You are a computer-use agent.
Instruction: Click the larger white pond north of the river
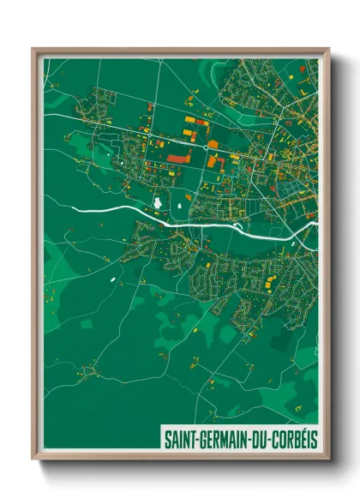[157, 202]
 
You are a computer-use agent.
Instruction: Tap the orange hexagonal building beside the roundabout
[213, 144]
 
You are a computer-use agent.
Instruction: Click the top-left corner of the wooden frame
[33, 49]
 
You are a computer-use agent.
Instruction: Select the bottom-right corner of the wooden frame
[328, 460]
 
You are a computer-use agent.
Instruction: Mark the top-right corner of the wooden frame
[328, 49]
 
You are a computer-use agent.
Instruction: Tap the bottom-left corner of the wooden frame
[33, 460]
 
